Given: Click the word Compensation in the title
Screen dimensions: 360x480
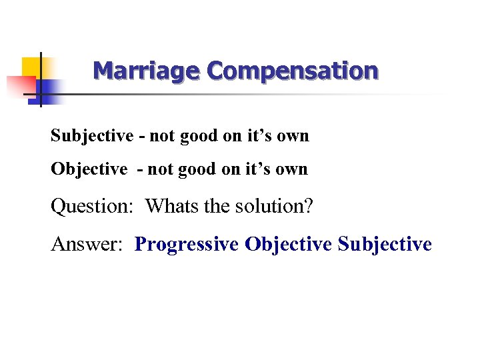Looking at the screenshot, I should coord(293,71).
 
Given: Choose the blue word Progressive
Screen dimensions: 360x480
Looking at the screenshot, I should coord(186,245).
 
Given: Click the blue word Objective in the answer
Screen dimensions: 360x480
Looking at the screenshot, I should coord(288,245).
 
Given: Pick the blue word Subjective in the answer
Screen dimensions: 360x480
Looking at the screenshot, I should coord(385,245).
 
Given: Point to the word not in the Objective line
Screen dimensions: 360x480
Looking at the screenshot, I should coord(159,169).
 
